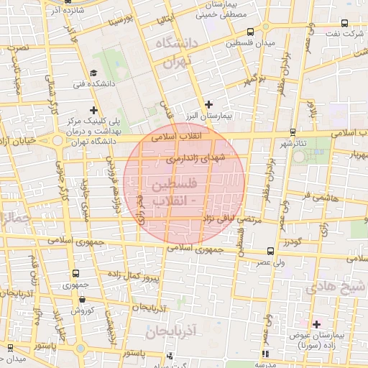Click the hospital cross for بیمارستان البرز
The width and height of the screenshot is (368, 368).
tap(208, 104)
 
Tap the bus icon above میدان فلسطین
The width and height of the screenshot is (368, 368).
tap(249, 32)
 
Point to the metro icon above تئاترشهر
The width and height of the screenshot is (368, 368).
tap(292, 132)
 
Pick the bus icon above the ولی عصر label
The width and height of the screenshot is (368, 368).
tap(270, 252)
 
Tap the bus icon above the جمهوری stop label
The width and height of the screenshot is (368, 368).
tap(75, 273)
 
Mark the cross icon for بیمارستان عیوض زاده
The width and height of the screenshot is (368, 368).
tap(316, 325)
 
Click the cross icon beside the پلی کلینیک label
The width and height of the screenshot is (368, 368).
tap(93, 110)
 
